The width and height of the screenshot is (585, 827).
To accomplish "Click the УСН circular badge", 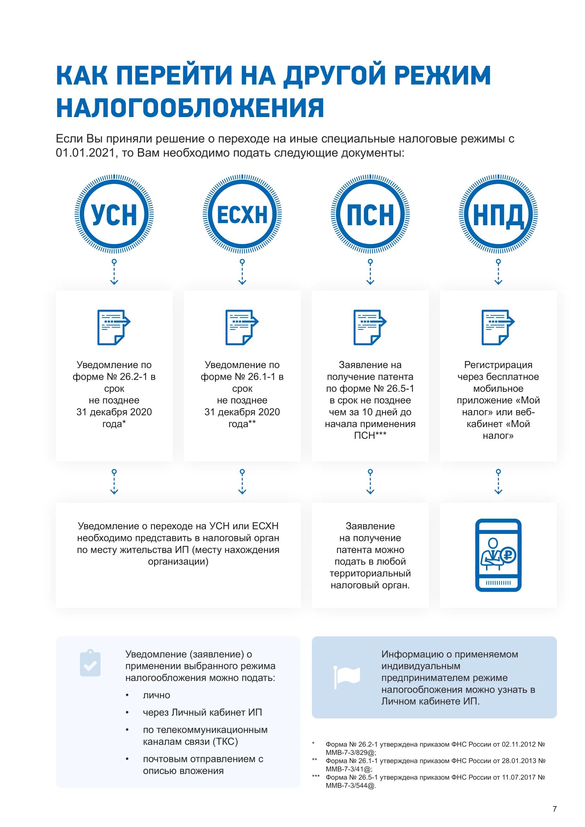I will click(114, 214).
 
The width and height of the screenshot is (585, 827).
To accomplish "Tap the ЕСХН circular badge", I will click(242, 214).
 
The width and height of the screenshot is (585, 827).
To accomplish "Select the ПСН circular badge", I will click(370, 214).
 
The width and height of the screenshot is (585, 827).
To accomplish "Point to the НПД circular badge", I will click(498, 214).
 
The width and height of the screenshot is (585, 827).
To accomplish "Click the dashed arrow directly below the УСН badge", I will click(114, 272).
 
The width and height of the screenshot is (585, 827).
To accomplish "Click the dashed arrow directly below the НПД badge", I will click(498, 272).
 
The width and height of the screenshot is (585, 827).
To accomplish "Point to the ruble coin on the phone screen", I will click(508, 555).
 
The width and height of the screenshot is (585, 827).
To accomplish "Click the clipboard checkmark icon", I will click(90, 663).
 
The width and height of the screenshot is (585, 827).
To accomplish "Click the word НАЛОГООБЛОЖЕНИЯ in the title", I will click(190, 108).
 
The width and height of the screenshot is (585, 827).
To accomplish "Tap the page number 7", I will click(554, 809).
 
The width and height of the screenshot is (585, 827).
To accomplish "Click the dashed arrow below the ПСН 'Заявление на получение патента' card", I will click(370, 482).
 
